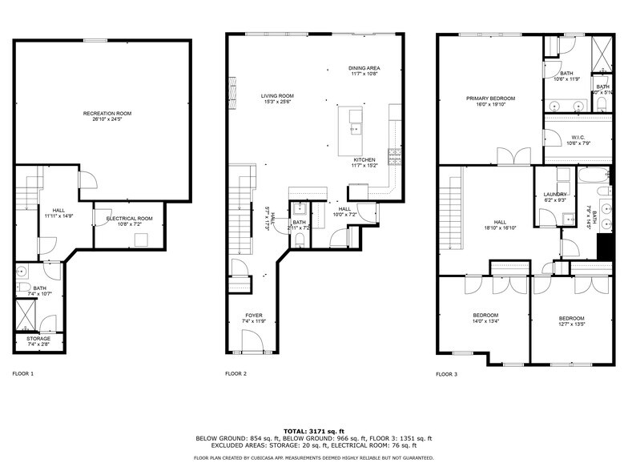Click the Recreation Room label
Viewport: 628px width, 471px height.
pyautogui.click(x=107, y=114)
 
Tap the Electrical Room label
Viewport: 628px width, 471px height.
pyautogui.click(x=123, y=218)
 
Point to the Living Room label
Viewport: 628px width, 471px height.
pyautogui.click(x=277, y=96)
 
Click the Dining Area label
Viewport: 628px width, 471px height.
pyautogui.click(x=364, y=68)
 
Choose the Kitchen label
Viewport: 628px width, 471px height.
pyautogui.click(x=364, y=159)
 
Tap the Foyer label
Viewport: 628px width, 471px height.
pyautogui.click(x=254, y=316)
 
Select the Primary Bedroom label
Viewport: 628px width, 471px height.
pyautogui.click(x=491, y=98)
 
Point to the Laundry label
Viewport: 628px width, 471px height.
pyautogui.click(x=555, y=195)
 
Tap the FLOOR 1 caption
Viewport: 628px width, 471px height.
pyautogui.click(x=22, y=374)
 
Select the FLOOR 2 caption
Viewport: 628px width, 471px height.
pyautogui.click(x=235, y=374)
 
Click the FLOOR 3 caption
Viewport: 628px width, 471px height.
pyautogui.click(x=446, y=374)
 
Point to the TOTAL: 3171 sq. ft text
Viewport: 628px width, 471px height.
pyautogui.click(x=314, y=431)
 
